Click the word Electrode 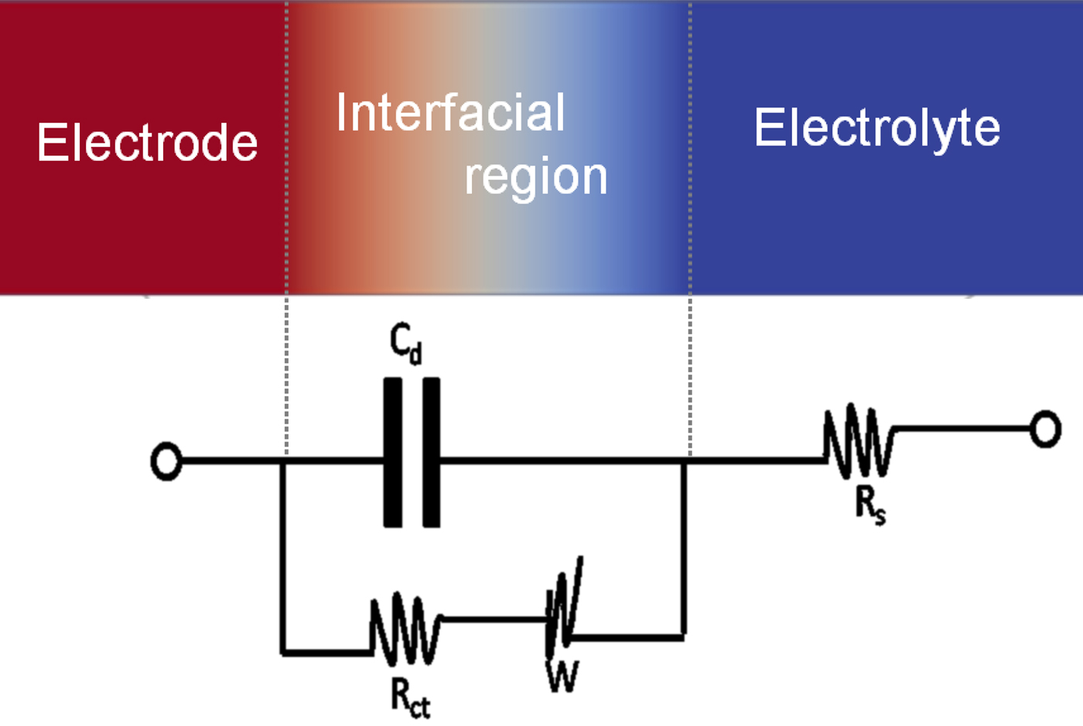[x=147, y=142]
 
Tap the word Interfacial [x=450, y=113]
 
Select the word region [x=535, y=176]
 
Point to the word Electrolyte [x=877, y=128]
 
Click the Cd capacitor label [x=405, y=343]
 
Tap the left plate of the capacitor [x=393, y=453]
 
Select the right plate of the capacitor [x=432, y=453]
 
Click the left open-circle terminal [x=166, y=461]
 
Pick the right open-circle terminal [x=1045, y=429]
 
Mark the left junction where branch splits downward [x=284, y=462]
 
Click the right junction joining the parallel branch [x=684, y=462]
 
